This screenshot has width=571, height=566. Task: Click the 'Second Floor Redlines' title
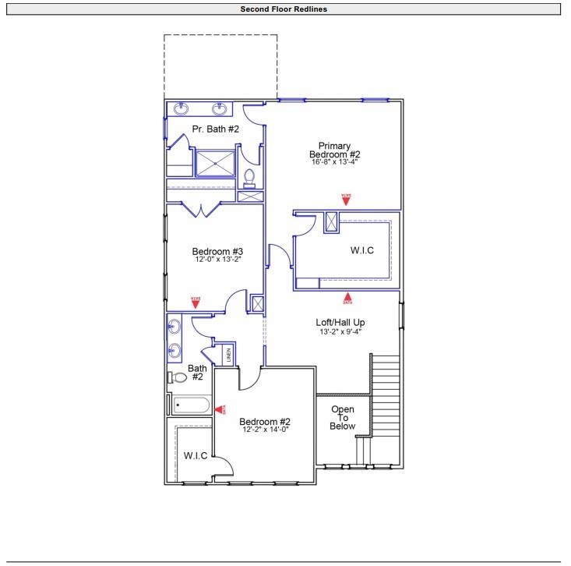point(285,9)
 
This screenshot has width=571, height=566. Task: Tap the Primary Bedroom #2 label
point(334,150)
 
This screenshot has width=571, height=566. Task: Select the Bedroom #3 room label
point(218,252)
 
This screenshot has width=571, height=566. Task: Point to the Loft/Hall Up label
point(340,322)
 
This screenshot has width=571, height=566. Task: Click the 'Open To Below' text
point(343,418)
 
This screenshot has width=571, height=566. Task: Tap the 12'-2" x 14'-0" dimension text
point(264,430)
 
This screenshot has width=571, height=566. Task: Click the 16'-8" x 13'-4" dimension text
point(334,162)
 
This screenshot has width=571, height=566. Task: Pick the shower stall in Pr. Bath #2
point(215,163)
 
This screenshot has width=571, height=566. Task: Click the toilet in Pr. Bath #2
point(250,178)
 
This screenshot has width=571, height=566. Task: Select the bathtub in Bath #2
point(192,405)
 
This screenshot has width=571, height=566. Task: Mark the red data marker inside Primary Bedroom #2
point(346,199)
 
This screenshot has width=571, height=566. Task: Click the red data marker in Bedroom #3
point(195,302)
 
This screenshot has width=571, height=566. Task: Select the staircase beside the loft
point(385,398)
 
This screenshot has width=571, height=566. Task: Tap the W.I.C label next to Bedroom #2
point(196,455)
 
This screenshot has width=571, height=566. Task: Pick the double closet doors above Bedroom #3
point(202,208)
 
